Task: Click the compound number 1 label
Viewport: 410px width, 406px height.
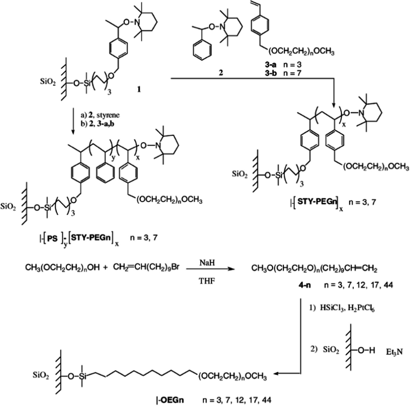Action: point(139,90)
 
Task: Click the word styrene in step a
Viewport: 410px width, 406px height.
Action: point(111,115)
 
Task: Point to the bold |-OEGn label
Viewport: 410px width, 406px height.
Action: point(170,401)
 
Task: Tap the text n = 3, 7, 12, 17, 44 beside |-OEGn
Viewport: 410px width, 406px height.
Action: point(236,401)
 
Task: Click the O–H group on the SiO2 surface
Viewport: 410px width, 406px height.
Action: point(366,351)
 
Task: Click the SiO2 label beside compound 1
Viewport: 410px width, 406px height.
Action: point(48,83)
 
